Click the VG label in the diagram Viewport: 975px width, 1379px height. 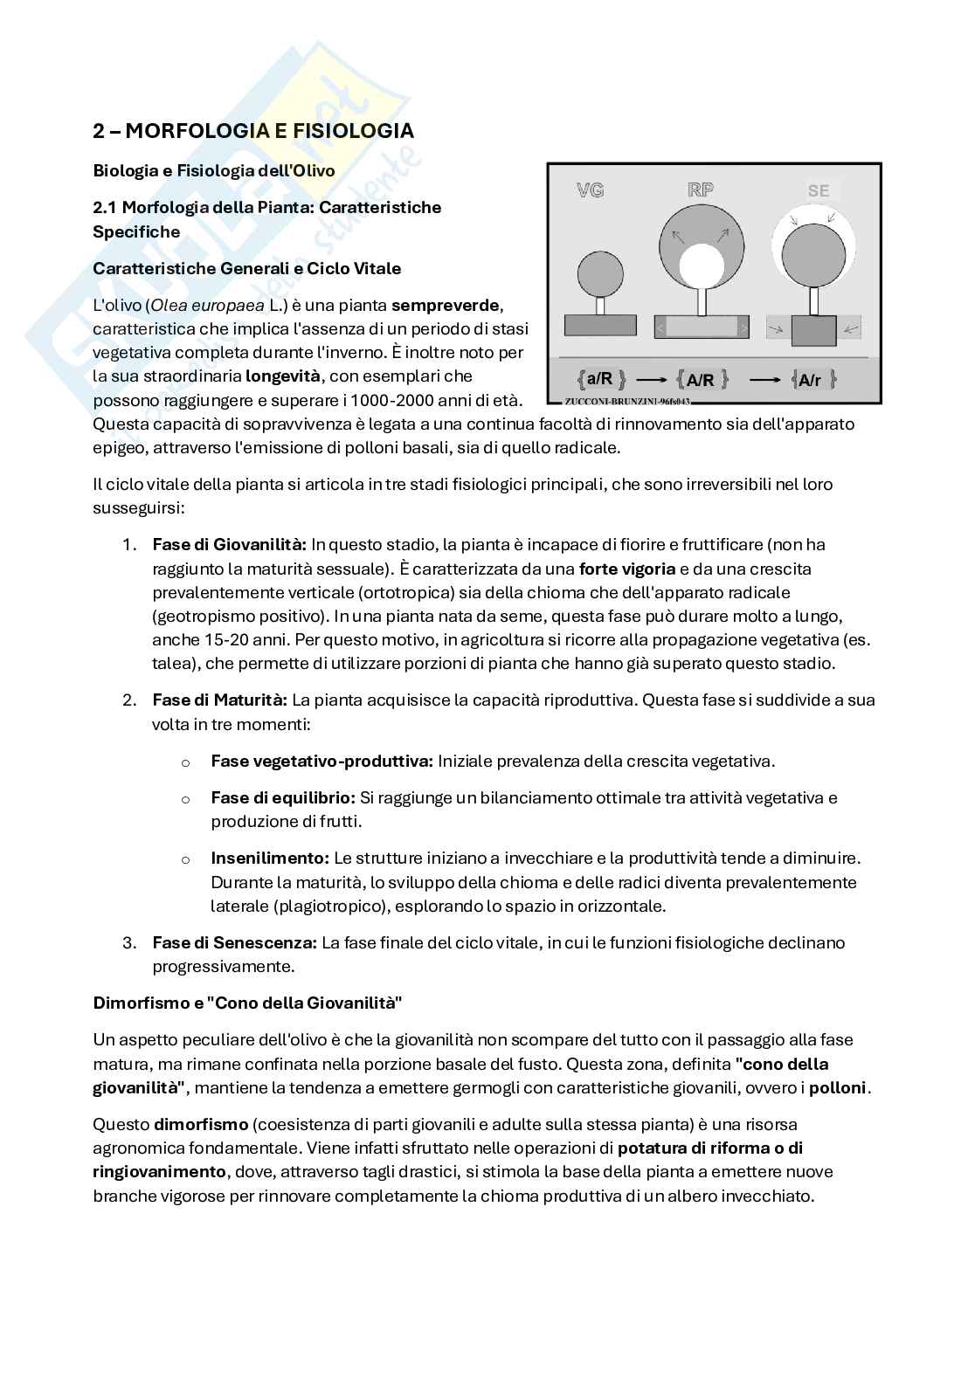[591, 190]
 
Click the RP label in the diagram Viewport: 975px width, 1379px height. [701, 190]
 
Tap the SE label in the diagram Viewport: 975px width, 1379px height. [818, 190]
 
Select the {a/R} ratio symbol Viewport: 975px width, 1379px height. [601, 379]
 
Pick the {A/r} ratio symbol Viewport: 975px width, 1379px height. [812, 380]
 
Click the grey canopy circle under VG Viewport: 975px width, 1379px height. [600, 273]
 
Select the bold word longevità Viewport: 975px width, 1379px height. [283, 376]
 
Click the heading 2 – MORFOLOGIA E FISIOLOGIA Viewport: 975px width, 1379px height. [253, 131]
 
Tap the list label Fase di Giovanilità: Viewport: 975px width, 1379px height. [229, 544]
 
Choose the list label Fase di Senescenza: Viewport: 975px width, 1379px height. [234, 942]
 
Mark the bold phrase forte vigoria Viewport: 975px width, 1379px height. [626, 569]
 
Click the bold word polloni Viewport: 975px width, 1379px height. [837, 1088]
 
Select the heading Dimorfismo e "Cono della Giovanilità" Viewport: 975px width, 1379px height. [247, 1003]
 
